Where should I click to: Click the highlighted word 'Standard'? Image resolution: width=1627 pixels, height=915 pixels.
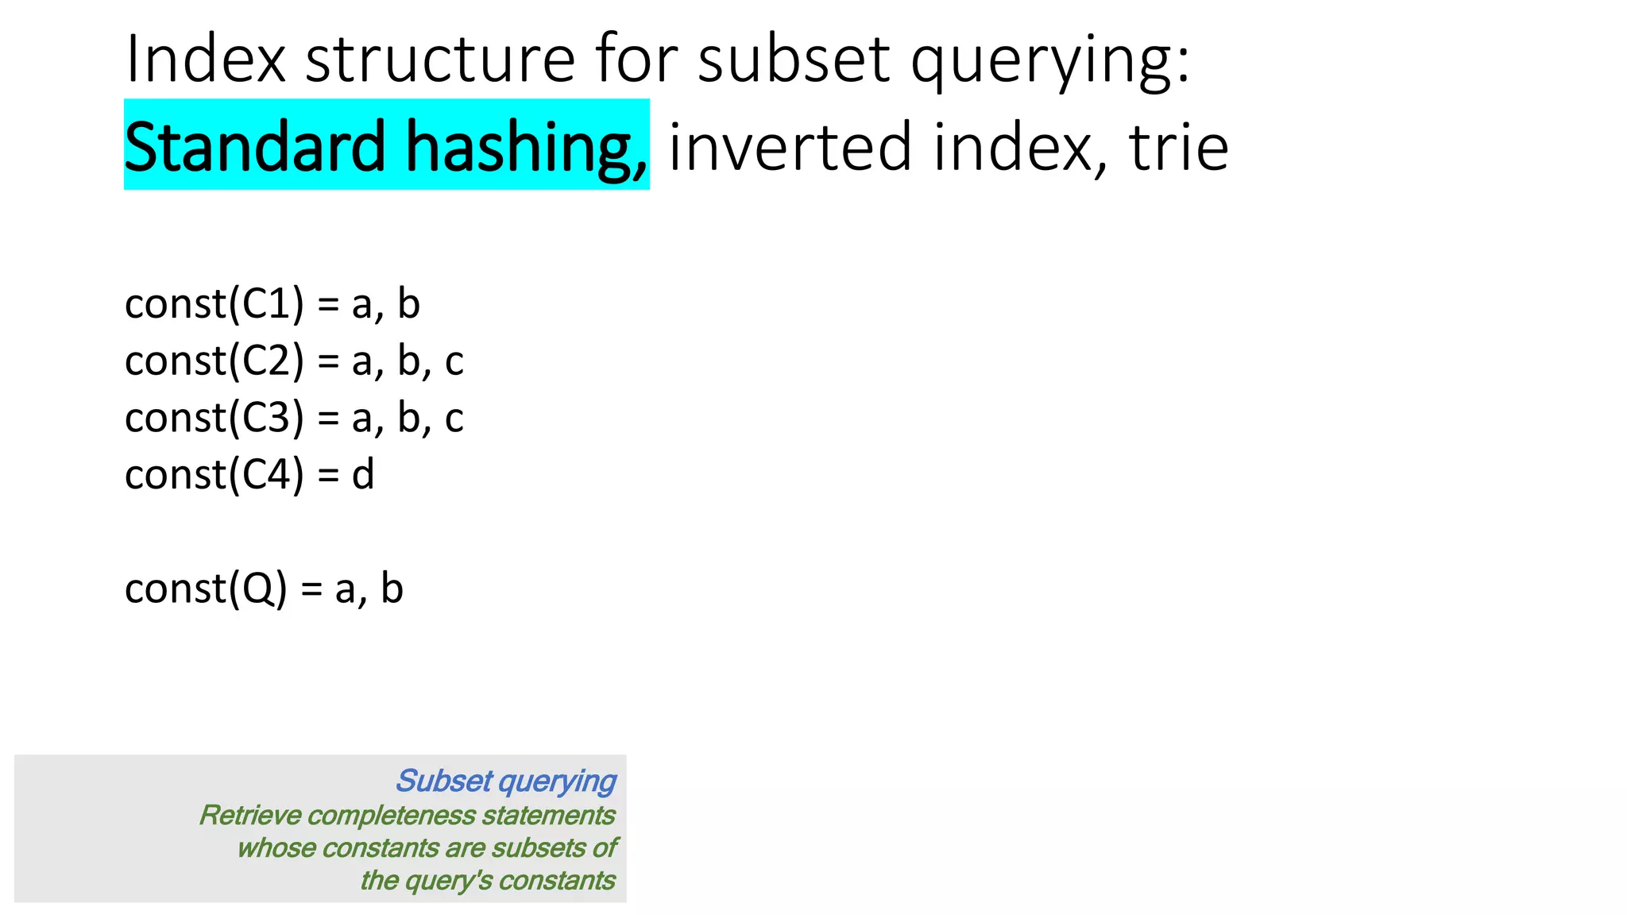coord(255,147)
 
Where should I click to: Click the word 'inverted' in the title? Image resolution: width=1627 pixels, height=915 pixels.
coord(790,147)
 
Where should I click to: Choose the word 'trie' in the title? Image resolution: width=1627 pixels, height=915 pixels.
coord(1178,147)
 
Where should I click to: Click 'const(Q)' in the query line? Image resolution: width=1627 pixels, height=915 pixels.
coord(206,589)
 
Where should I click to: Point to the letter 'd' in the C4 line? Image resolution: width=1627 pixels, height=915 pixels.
coord(363,475)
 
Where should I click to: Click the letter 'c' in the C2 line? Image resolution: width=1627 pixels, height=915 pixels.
coord(454,362)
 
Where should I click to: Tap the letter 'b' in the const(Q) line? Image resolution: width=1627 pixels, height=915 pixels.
coord(392,589)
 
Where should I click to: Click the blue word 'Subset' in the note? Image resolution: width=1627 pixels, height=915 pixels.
coord(444,782)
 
